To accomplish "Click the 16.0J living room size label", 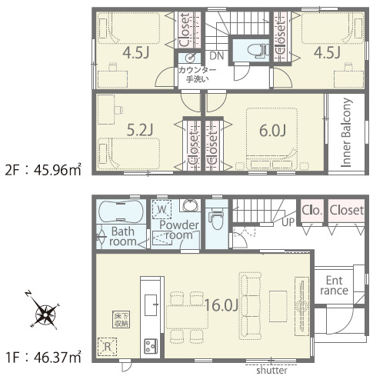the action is tap(221, 305).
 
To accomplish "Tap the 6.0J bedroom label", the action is tap(272, 131).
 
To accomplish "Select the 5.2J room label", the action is tap(140, 130).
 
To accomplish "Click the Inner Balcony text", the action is tap(346, 133).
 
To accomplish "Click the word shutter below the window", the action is tap(272, 371).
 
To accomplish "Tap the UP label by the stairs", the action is tap(288, 222).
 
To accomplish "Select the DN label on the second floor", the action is tap(217, 56).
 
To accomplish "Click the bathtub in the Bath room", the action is tap(122, 211).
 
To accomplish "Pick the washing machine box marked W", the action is tap(162, 209).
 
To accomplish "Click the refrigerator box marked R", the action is tap(107, 347).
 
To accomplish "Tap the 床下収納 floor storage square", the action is tap(121, 320).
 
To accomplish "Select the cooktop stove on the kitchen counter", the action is tap(151, 346).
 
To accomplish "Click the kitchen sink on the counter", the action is tap(151, 305).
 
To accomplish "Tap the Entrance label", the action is tap(334, 285).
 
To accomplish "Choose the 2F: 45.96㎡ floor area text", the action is tap(43, 169).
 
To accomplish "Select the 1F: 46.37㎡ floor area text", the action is tap(43, 358).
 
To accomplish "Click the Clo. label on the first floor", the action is tap(311, 211).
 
